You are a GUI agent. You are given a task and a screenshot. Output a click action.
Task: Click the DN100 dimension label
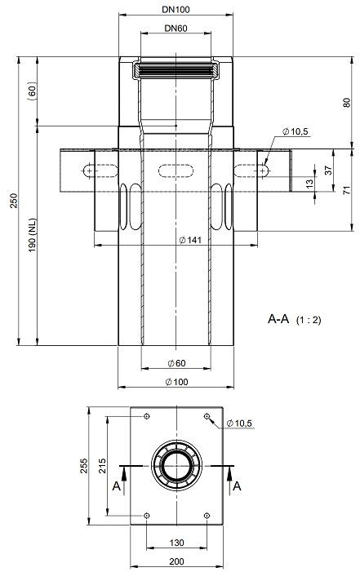coord(176,10)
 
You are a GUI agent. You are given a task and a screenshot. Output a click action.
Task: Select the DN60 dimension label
coord(176,28)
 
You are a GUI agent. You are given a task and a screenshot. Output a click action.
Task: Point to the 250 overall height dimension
coord(14,201)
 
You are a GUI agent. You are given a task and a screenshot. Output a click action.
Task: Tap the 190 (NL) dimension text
coord(33,235)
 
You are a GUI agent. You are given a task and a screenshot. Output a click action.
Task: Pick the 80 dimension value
coord(346,103)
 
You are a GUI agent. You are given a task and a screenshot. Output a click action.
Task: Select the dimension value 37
coord(328,170)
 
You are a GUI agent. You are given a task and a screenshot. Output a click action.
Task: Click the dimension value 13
coord(309,184)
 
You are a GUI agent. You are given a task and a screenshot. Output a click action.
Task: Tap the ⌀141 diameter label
coord(190,240)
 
